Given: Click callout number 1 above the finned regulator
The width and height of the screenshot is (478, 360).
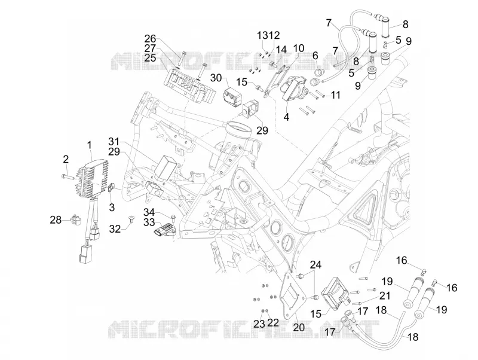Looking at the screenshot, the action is pos(89,145).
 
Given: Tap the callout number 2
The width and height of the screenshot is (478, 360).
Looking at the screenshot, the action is pos(66,159).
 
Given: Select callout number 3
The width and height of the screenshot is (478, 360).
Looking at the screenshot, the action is pos(112,207).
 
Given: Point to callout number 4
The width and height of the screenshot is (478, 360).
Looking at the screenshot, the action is pos(286,117).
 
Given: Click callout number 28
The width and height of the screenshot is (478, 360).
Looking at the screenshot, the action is pos(56,219).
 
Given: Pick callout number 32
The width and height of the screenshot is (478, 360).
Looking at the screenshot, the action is pos(115,228).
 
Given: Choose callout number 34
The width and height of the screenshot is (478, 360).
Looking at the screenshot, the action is pos(149,212).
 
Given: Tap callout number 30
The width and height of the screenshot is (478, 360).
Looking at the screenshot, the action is pos(216,78).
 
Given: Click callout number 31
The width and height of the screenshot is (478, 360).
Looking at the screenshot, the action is pos(114,142).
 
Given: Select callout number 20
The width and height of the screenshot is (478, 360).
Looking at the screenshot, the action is pos(299,327).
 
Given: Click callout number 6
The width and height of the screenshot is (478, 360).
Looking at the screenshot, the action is pos(315,56).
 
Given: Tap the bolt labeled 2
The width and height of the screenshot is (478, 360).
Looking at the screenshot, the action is pos(69,176).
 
